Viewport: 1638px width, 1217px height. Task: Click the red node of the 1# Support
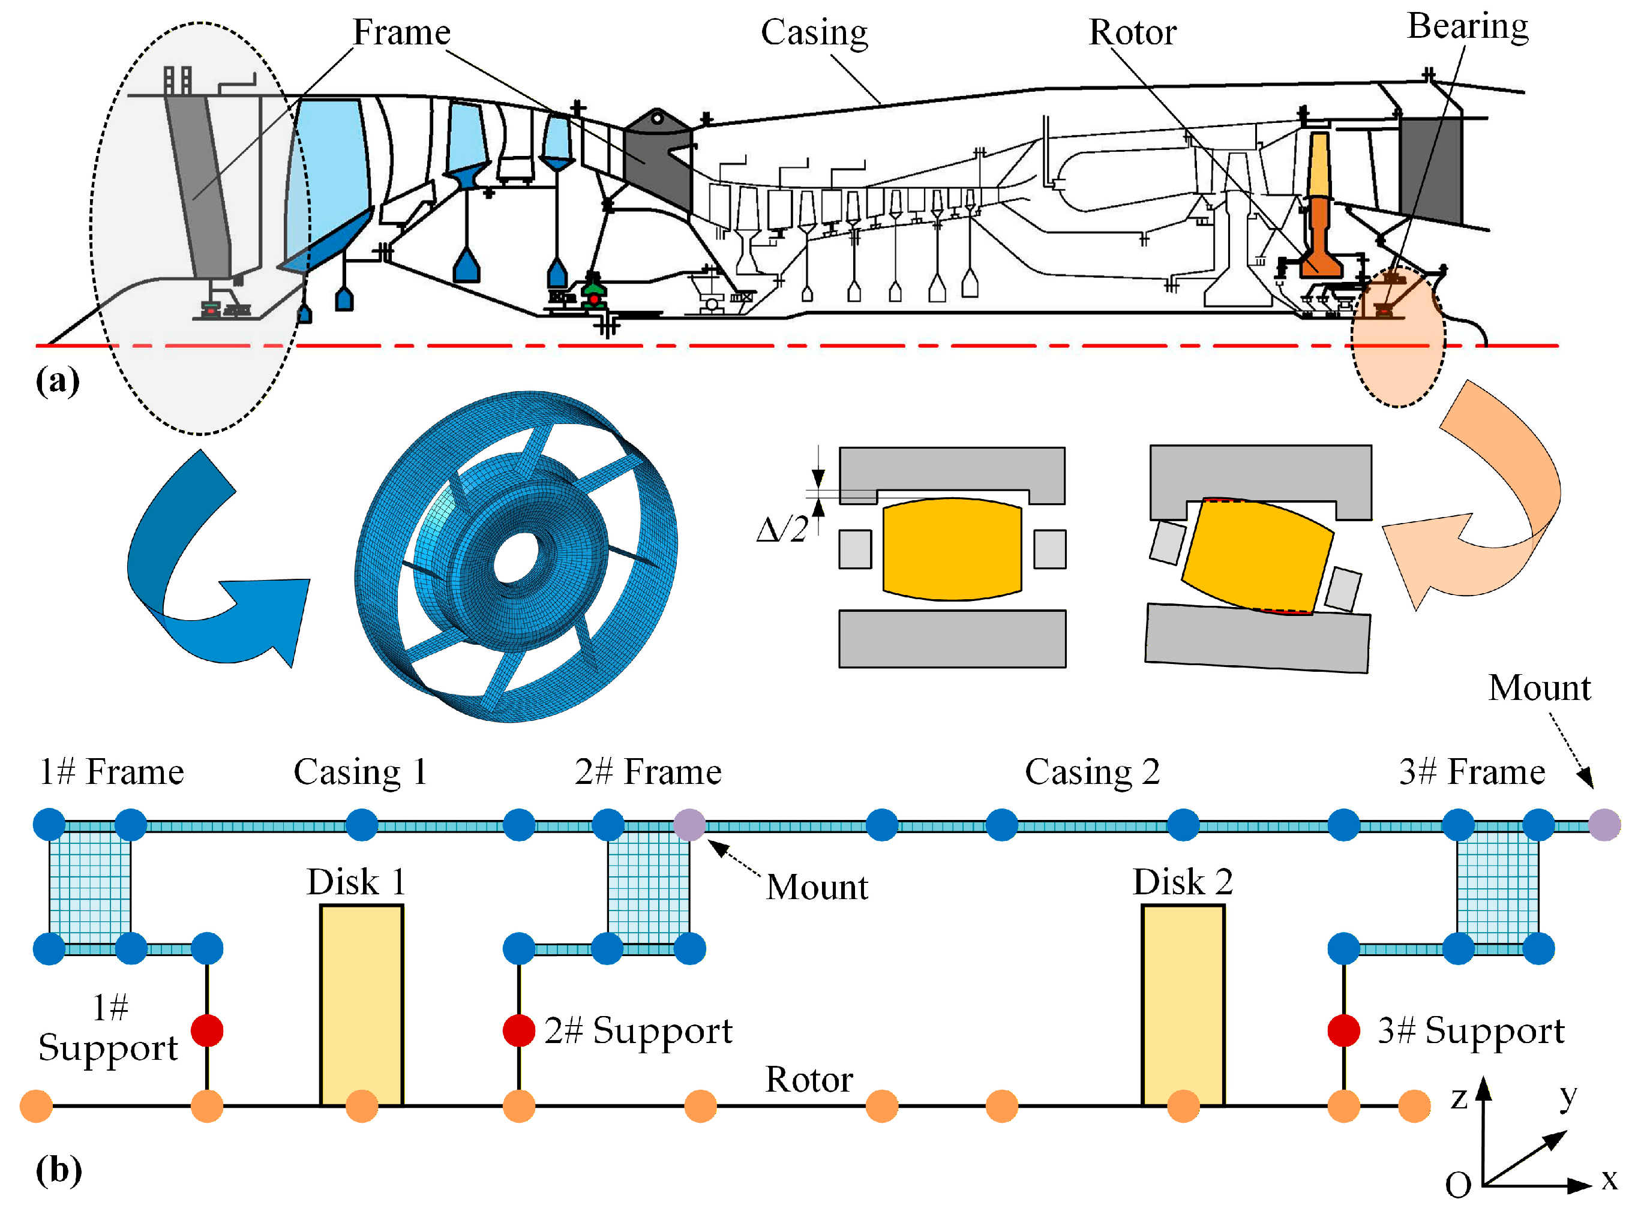[207, 1030]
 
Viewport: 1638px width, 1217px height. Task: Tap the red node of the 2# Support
[519, 1030]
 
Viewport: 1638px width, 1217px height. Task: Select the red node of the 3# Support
[1343, 1030]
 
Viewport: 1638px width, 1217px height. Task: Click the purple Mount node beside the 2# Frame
[689, 824]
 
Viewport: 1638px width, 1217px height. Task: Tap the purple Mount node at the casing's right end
[1604, 824]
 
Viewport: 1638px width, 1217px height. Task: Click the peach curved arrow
[1481, 508]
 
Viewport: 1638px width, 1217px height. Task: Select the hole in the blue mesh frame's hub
[516, 558]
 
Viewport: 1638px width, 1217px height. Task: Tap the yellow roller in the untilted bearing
[952, 549]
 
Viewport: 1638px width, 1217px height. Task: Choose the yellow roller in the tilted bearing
[1257, 556]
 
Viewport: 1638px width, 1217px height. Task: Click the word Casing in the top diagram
[814, 33]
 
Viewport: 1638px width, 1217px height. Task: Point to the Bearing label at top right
[1467, 26]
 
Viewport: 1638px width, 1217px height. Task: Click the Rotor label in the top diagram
[1133, 33]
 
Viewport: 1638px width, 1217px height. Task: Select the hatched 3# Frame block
[1497, 887]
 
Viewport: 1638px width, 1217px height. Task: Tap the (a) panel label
[58, 381]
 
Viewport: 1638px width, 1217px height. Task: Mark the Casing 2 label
[1092, 772]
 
